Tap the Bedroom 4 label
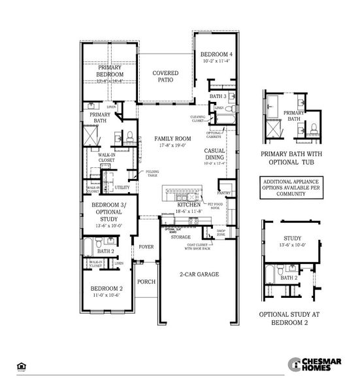pos(214,54)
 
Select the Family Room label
pos(172,139)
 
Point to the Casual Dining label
pos(214,154)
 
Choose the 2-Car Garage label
pos(199,274)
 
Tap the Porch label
pos(146,282)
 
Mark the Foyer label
pos(146,247)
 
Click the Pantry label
pos(225,193)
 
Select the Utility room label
pos(122,188)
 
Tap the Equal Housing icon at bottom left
pos(22,366)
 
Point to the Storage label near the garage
pos(181,237)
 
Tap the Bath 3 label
pos(217,96)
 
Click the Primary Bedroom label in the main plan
pos(110,71)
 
